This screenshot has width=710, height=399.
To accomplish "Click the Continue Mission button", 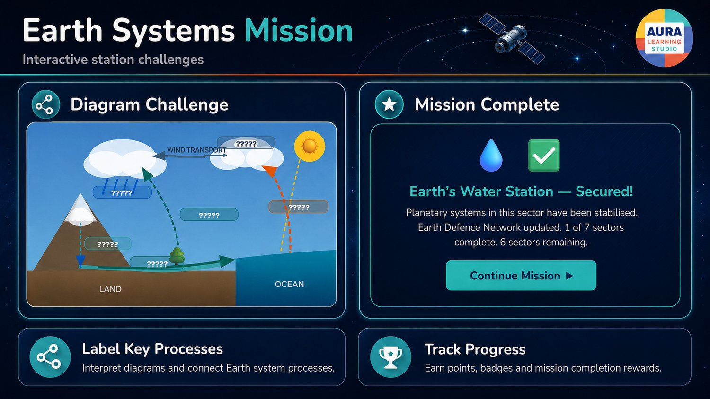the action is pos(521,276).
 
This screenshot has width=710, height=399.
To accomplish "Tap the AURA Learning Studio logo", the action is pos(665,38).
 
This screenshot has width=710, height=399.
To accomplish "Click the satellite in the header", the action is pos(511,39).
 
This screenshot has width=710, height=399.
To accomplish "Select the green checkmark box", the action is pos(544,156).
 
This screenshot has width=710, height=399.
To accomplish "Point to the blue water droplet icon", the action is pos(491,156).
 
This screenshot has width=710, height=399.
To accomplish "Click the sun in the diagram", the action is pos(310,146).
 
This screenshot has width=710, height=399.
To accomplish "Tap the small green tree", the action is pos(177,256).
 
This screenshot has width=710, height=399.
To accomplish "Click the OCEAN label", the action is pos(289,285).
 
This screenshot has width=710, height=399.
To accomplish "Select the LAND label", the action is pos(110,289).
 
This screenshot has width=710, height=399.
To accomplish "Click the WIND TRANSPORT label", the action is pos(196,150).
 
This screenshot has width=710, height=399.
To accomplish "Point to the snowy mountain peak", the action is pos(80,209).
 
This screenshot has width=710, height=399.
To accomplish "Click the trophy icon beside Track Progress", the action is pos(390,357).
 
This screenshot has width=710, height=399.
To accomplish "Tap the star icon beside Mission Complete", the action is pos(389,104).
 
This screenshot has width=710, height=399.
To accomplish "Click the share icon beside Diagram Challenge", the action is pos(45,104).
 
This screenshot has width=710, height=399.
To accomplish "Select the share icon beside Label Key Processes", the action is pos(50,357).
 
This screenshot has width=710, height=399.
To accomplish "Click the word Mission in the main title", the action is pos(299,31).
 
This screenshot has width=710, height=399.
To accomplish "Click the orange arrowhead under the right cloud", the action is pos(270,171).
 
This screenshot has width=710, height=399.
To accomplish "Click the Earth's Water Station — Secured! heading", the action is pos(521,191).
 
